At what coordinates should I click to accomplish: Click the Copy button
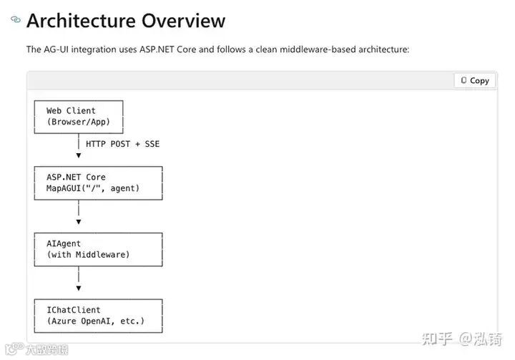coord(475,81)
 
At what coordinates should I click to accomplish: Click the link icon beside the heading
coord(16,19)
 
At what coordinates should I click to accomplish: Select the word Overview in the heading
coord(183,20)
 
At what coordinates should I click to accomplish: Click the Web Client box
coord(79,116)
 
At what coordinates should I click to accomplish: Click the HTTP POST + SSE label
coord(122,144)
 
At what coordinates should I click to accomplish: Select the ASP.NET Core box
coord(98,183)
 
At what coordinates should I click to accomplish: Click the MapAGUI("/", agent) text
coord(93,188)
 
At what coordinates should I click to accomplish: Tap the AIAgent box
coord(98,248)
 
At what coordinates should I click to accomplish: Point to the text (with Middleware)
coord(88,254)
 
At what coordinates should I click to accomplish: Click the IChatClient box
coord(98,315)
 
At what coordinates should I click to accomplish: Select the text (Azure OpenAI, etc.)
coord(95,321)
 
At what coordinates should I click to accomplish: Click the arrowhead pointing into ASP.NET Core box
coord(79,156)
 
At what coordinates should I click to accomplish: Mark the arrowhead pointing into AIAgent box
coord(79,222)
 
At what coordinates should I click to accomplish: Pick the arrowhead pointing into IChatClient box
coord(79,288)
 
